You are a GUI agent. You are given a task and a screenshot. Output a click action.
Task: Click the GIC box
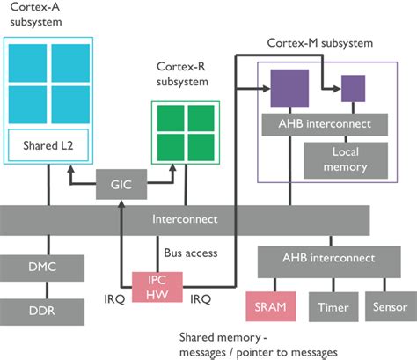coord(120,185)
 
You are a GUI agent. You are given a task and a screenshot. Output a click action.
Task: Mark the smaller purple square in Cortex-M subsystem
coord(353,88)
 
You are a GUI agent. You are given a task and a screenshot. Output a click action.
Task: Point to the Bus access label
coord(193,254)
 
